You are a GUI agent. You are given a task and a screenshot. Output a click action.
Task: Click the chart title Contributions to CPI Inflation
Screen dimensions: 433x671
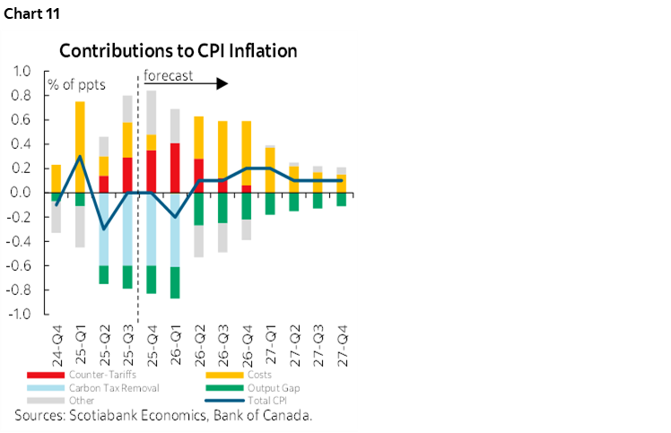(179, 49)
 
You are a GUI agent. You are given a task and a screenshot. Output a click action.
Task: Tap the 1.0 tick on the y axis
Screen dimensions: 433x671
(21, 71)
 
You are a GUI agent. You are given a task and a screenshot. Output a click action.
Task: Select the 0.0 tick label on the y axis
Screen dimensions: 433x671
(21, 193)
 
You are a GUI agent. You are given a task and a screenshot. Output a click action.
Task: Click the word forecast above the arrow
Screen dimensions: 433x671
(170, 75)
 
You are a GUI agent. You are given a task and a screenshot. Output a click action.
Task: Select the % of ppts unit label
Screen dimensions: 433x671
(74, 85)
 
